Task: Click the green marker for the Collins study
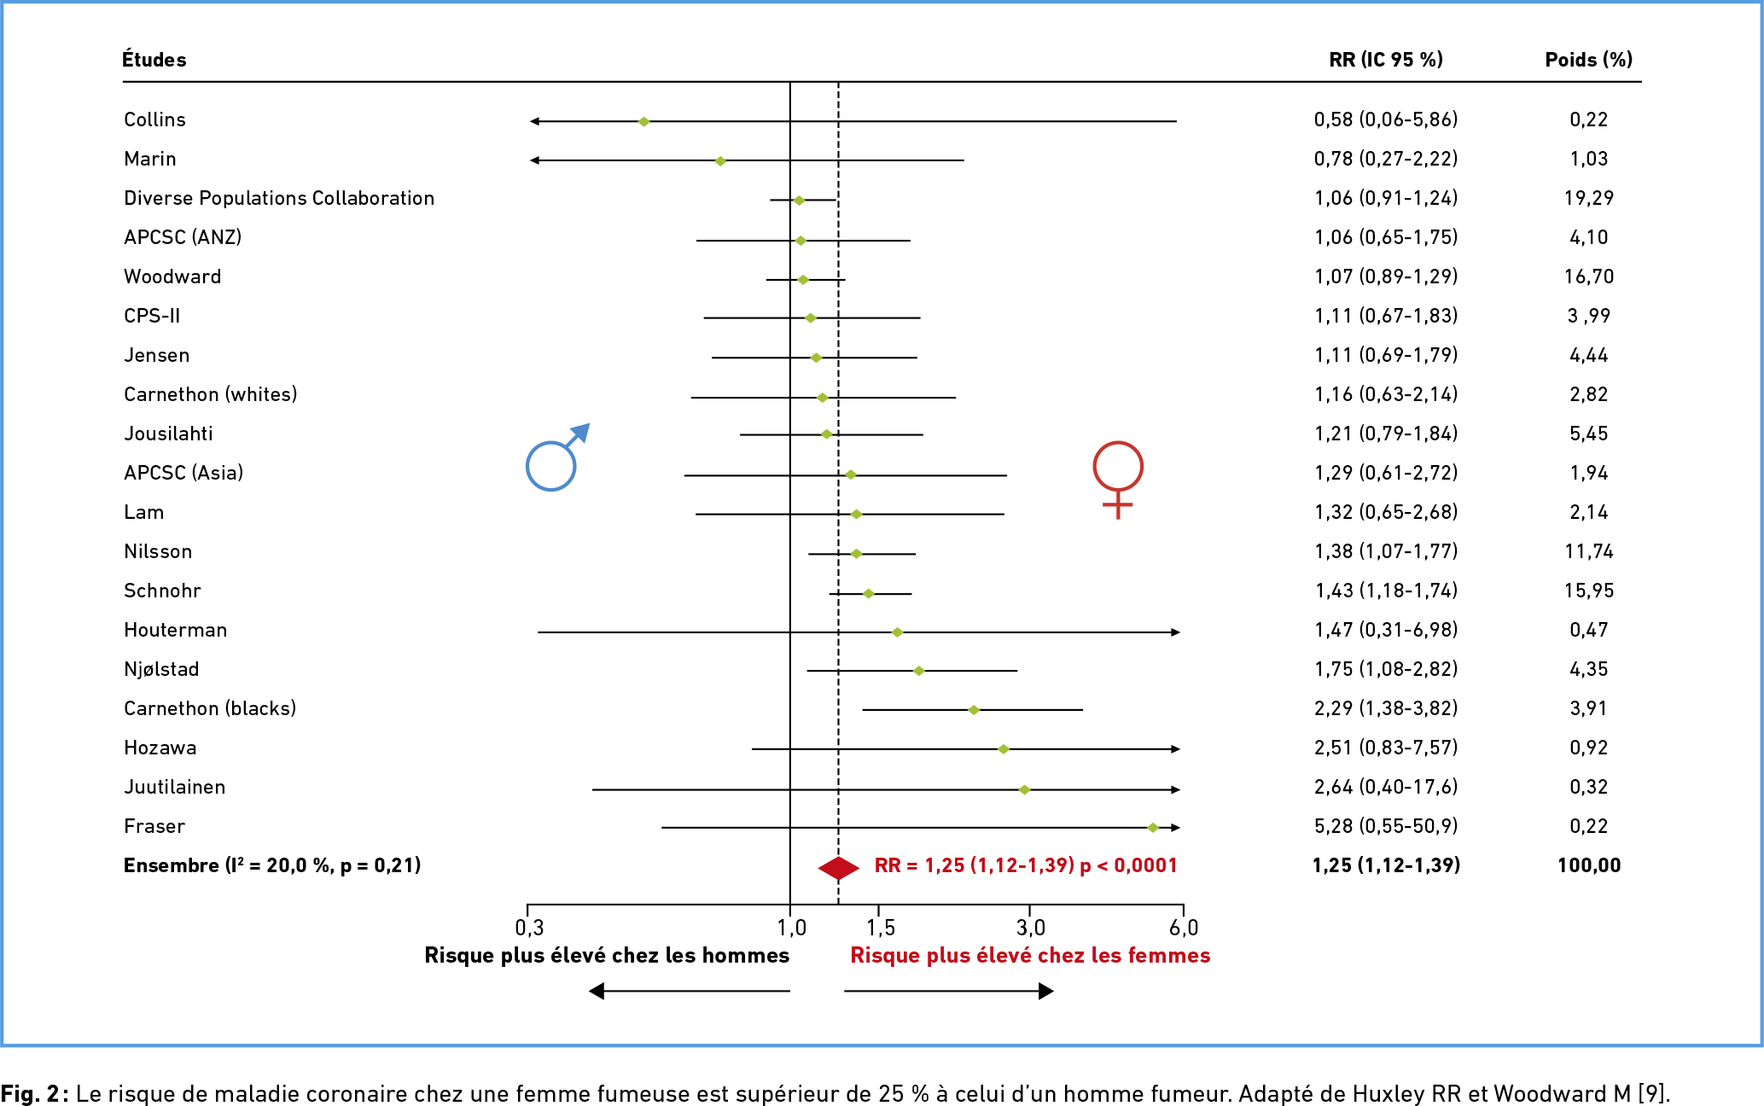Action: coord(644,121)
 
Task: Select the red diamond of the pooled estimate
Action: coord(838,868)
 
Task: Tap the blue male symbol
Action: coord(556,458)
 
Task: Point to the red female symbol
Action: coord(1117,478)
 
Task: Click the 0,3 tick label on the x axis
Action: coord(529,928)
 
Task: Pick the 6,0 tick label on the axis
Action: coord(1184,928)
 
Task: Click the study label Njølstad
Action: coord(161,669)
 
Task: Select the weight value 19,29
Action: coord(1588,198)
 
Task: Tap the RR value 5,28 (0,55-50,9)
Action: coord(1385,826)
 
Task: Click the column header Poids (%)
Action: coord(1588,60)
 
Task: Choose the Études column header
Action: coord(154,60)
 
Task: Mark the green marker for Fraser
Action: coord(1152,828)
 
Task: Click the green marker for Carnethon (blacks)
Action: coord(974,710)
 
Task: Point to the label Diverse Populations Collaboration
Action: coord(279,198)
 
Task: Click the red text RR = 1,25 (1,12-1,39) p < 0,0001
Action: coord(1025,865)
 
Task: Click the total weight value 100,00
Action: coord(1588,865)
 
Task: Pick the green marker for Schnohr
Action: coord(868,593)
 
